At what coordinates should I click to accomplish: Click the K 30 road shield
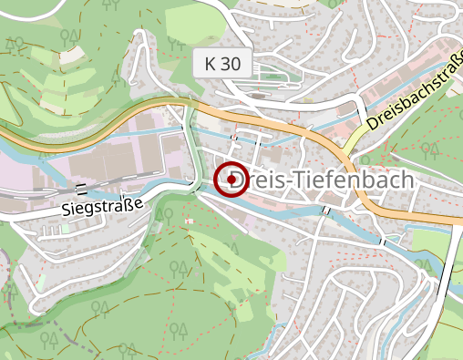224,65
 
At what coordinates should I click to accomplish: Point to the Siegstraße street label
104,206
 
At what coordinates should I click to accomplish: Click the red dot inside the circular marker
231,180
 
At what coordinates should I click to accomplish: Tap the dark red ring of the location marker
219,180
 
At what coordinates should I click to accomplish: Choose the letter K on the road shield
211,65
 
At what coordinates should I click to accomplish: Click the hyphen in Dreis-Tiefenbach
291,182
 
